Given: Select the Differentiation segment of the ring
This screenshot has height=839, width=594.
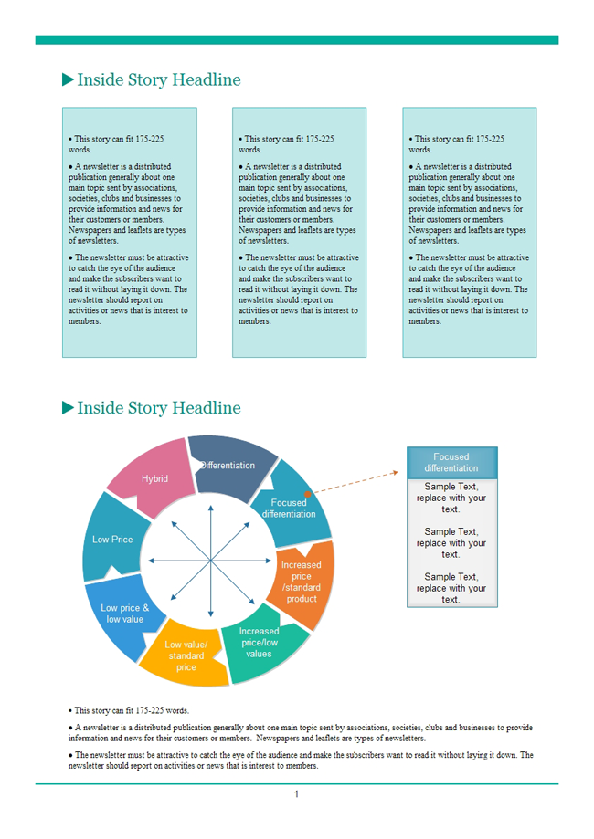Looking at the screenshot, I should [230, 465].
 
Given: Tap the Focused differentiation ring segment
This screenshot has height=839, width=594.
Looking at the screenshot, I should [289, 508].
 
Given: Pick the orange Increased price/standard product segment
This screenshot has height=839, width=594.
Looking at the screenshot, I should [302, 582].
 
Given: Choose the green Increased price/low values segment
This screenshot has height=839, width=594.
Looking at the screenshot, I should [259, 643].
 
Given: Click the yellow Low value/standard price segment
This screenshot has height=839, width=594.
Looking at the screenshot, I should [186, 655].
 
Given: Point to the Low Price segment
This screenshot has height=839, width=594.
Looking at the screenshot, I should [112, 540].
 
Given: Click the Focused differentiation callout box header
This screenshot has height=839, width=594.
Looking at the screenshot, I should [451, 463].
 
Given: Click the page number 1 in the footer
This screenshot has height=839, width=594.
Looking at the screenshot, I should [296, 794].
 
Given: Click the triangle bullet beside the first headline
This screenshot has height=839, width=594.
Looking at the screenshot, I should [68, 80].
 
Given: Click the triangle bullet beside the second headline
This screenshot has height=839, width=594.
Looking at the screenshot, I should [68, 408].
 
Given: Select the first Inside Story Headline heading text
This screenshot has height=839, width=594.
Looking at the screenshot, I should [159, 80].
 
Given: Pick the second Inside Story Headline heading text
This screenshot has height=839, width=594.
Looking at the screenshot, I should [159, 408].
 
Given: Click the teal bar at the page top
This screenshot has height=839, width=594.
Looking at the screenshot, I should [296, 40].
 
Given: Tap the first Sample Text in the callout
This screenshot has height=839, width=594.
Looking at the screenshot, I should [451, 498].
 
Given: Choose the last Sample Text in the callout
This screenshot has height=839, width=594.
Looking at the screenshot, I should [451, 588].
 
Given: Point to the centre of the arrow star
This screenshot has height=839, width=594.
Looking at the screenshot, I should [211, 560].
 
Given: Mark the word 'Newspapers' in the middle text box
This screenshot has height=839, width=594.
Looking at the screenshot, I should [260, 230].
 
